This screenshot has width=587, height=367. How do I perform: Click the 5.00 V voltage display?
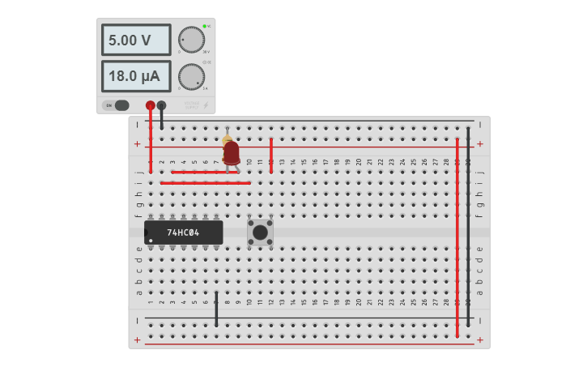pos(135,40)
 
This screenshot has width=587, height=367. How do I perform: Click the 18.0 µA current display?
pos(135,77)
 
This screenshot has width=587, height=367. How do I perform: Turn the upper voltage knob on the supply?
pos(191,40)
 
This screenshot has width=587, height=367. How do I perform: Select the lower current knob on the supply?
pos(191,77)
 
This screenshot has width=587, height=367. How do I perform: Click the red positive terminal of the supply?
pos(151,105)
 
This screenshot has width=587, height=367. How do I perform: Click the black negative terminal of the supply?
pos(161,105)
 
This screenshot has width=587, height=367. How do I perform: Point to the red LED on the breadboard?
pos(232,152)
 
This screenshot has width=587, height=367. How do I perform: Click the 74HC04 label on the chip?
pos(183,233)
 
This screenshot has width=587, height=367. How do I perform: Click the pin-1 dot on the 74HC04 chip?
pos(151,241)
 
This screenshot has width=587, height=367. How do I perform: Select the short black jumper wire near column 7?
pos(216,309)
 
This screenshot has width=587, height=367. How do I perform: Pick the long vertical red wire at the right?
pos(457,235)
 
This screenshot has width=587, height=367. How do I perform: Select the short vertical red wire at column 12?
pos(271,155)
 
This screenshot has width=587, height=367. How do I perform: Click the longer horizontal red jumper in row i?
pos(206,183)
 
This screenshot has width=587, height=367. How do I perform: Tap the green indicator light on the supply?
pos(204,27)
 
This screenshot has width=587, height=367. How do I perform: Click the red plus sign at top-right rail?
pos(480,144)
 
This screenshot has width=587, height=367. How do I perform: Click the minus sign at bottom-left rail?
pos(137,320)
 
